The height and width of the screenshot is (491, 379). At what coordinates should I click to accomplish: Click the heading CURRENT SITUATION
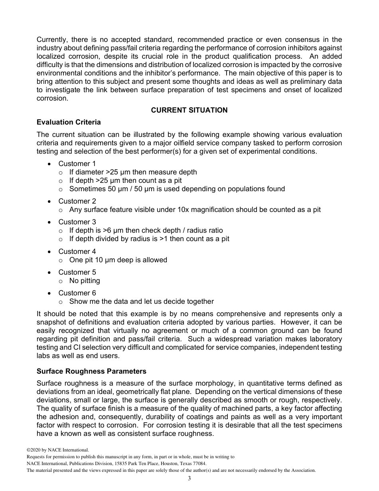point(189,110)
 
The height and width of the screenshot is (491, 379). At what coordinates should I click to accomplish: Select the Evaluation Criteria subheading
point(68,122)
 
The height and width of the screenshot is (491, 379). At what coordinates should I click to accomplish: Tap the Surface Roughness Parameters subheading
point(91,371)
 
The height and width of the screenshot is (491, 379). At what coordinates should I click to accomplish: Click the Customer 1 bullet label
point(77,164)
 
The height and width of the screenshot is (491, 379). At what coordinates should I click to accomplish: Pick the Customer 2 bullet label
point(77,201)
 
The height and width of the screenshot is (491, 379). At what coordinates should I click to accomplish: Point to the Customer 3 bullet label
point(77,222)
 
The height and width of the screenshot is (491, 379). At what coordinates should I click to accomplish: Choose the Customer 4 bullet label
point(77,251)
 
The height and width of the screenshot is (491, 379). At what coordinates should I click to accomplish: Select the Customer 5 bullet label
point(77,272)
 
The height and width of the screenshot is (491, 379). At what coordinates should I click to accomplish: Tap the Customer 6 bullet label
point(77,293)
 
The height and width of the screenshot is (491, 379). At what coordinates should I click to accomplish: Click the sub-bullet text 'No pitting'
point(85,281)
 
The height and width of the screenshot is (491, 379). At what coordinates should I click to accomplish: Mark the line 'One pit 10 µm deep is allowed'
point(118,260)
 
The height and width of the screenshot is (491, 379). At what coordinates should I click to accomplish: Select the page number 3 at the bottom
point(189,479)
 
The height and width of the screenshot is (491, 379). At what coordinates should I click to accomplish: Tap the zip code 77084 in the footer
point(199,463)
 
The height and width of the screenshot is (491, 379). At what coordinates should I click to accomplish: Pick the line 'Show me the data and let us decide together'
point(141,301)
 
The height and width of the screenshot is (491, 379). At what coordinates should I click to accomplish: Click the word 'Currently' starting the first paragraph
point(52,40)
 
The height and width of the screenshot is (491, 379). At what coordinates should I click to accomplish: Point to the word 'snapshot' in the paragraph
point(52,322)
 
